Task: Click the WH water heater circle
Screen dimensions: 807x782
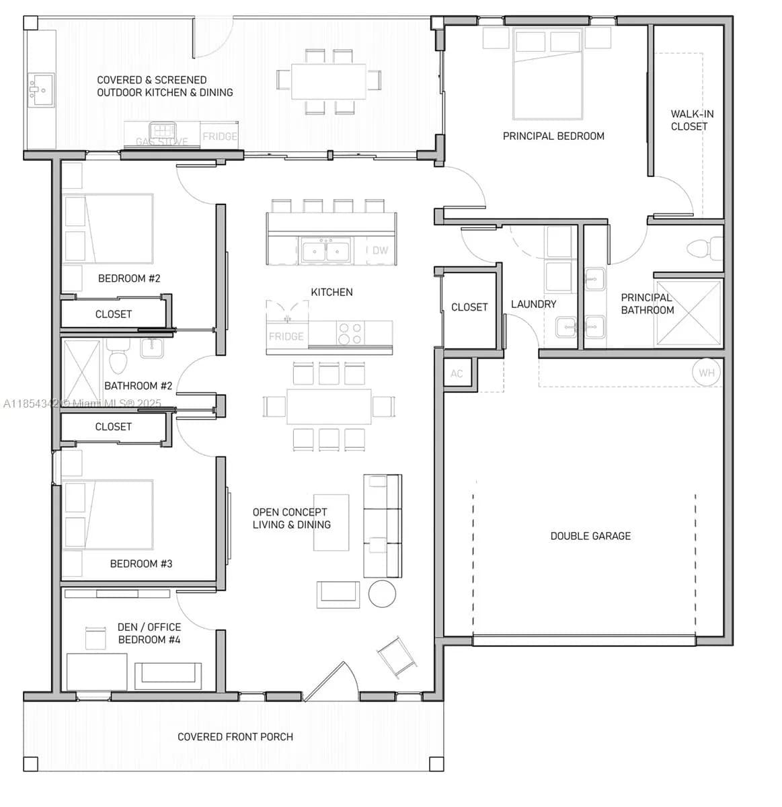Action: click(x=706, y=373)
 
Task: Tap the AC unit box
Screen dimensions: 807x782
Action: click(x=457, y=374)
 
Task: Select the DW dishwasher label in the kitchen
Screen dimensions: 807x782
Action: click(x=380, y=250)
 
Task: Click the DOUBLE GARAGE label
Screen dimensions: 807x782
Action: click(x=590, y=536)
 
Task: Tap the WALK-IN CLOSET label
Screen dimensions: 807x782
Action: click(x=691, y=120)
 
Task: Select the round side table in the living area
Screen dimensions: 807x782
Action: click(x=383, y=594)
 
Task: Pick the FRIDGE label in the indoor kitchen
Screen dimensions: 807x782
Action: click(x=286, y=336)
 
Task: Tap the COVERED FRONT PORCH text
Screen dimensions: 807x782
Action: click(x=235, y=736)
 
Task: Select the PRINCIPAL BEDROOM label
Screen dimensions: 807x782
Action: click(x=553, y=136)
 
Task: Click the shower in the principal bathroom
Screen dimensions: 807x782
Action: click(x=688, y=313)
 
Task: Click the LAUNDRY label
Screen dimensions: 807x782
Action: click(x=533, y=304)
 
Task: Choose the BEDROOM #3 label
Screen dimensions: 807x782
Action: click(x=141, y=564)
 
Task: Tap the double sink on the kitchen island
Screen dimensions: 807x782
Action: click(x=326, y=251)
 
